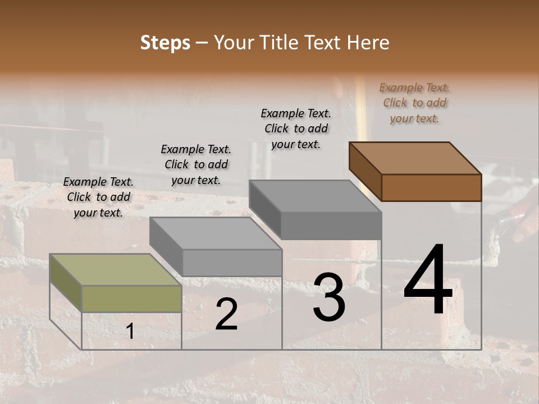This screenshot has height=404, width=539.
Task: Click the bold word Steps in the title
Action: [165, 43]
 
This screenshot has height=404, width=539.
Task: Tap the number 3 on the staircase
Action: [329, 297]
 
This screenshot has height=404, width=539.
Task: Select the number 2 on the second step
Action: [226, 314]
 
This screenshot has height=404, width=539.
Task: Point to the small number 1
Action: [130, 332]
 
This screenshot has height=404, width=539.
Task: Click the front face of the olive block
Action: [131, 299]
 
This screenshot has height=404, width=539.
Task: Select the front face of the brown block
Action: [431, 187]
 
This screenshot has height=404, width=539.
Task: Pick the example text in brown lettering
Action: [414, 103]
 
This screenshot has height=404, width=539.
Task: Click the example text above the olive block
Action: [98, 197]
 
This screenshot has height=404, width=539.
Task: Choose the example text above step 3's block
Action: [296, 128]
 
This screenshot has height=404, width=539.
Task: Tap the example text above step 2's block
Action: [196, 164]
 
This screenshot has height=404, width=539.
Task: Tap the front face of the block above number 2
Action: [232, 263]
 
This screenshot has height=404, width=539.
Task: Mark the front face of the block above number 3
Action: [331, 226]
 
